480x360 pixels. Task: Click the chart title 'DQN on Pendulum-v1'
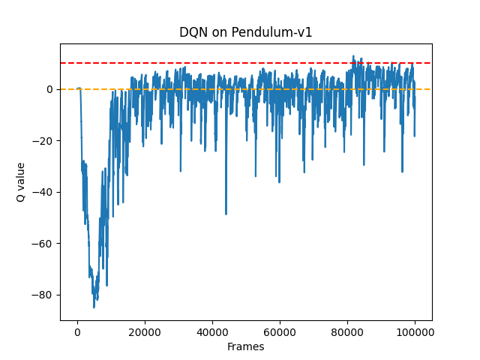[x=245, y=32]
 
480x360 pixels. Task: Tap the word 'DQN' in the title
[x=193, y=32]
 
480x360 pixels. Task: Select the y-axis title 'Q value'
[x=21, y=181]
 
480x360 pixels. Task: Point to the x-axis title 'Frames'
[x=245, y=346]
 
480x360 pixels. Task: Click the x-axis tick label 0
[x=77, y=331]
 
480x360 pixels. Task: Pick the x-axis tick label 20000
[x=145, y=331]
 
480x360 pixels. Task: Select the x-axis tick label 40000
[x=212, y=331]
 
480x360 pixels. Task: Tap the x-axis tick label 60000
[x=280, y=331]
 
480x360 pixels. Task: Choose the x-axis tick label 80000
[x=347, y=331]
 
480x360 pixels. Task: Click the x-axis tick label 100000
[x=415, y=331]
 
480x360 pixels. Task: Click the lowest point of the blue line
[x=94, y=307]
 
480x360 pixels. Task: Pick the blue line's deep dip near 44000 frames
[x=226, y=214]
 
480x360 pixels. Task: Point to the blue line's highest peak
[x=353, y=55]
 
